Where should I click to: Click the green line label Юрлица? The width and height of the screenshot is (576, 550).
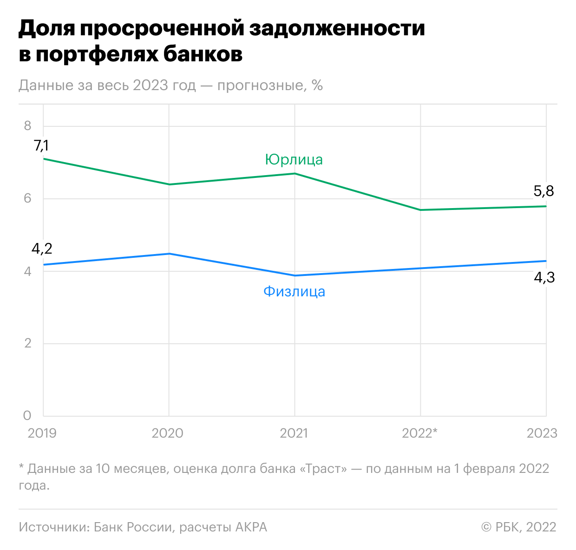click(294, 159)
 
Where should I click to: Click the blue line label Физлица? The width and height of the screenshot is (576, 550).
click(294, 291)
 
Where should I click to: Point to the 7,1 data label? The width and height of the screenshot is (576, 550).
click(41, 145)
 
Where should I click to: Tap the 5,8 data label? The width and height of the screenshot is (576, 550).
click(543, 191)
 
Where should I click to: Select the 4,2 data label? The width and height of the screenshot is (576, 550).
click(42, 249)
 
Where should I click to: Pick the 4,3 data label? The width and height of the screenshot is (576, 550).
click(544, 278)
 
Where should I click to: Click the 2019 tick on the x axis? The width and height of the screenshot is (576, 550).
click(42, 433)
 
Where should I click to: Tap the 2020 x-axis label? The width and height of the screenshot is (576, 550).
click(168, 433)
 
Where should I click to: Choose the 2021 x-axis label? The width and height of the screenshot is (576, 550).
click(294, 433)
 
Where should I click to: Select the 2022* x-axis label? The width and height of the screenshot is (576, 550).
click(419, 433)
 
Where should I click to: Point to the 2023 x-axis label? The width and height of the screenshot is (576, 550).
click(542, 433)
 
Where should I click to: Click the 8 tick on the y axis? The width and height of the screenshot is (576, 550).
click(28, 125)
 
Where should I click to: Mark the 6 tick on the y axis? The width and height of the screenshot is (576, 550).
click(28, 198)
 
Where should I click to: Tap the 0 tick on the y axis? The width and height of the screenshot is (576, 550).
click(27, 416)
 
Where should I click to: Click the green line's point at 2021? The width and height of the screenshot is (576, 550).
click(295, 174)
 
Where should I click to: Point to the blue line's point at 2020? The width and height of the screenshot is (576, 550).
click(169, 254)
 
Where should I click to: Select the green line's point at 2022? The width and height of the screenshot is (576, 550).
click(420, 210)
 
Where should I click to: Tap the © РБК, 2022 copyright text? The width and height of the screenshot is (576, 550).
click(519, 527)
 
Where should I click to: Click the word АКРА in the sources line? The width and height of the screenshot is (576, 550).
click(251, 527)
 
